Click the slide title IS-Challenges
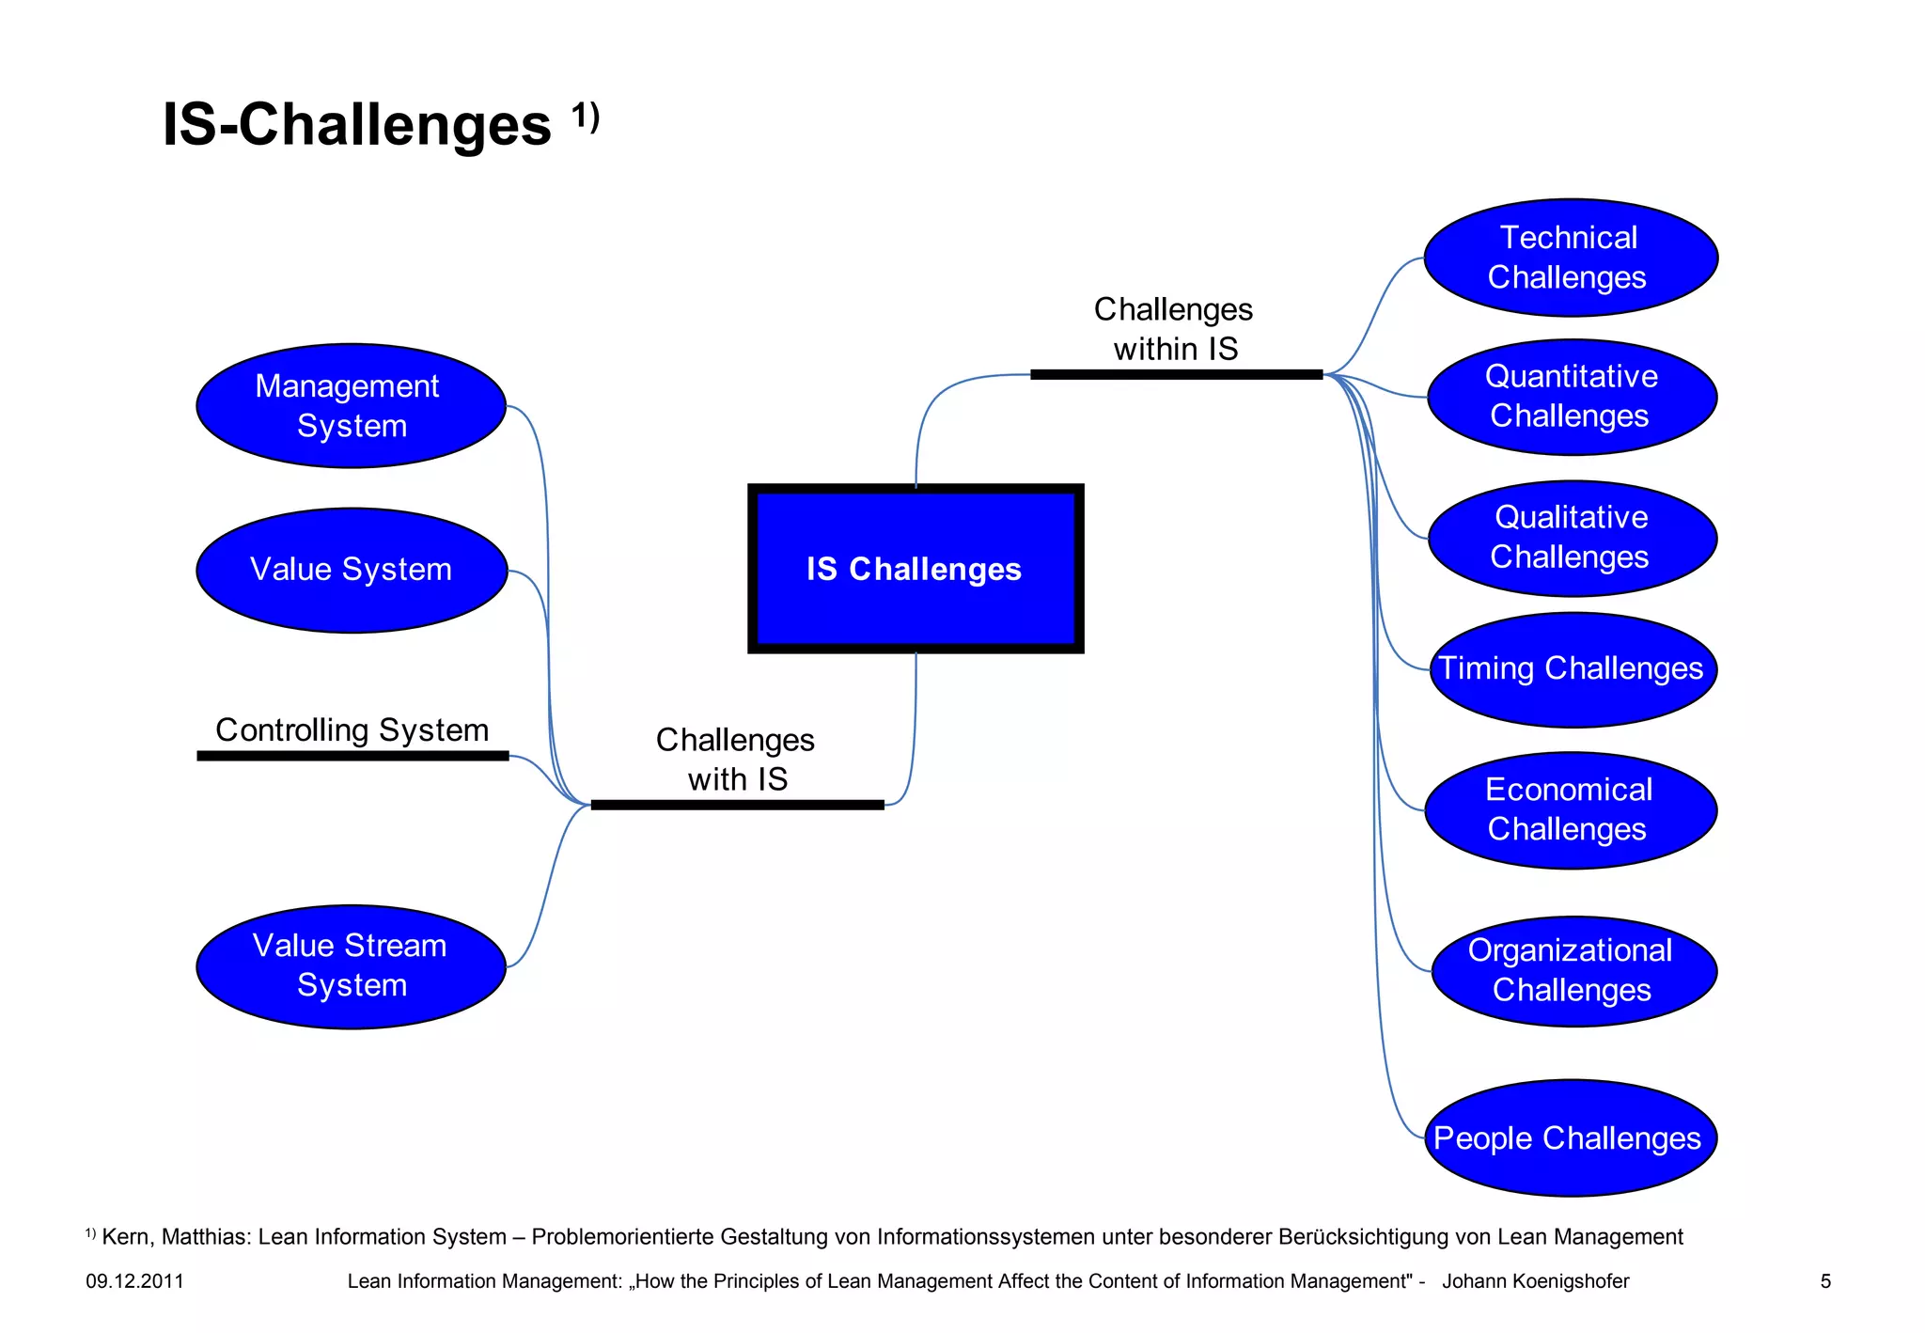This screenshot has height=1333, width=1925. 357,124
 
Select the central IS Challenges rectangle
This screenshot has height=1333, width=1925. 915,569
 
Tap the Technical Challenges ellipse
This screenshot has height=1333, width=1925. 1570,258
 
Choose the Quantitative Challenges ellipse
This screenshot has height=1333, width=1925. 1572,397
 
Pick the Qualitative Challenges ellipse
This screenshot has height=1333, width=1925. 1572,538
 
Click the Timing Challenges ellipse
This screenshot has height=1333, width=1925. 1572,669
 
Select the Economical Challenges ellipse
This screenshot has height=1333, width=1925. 1570,810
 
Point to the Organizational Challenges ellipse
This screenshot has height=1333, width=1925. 1573,971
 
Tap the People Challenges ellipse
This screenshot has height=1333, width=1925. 1570,1137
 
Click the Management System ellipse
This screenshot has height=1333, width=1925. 351,405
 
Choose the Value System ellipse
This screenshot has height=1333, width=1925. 351,570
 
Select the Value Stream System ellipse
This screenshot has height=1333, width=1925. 351,966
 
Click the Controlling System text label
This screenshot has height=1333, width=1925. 352,730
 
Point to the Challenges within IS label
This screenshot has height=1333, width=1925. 1175,329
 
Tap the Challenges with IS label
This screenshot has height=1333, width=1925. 736,760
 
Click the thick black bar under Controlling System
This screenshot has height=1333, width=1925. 352,756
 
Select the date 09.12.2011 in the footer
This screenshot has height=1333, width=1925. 134,1281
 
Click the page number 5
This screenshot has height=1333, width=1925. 1825,1281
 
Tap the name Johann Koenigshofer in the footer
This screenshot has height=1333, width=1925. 1535,1281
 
